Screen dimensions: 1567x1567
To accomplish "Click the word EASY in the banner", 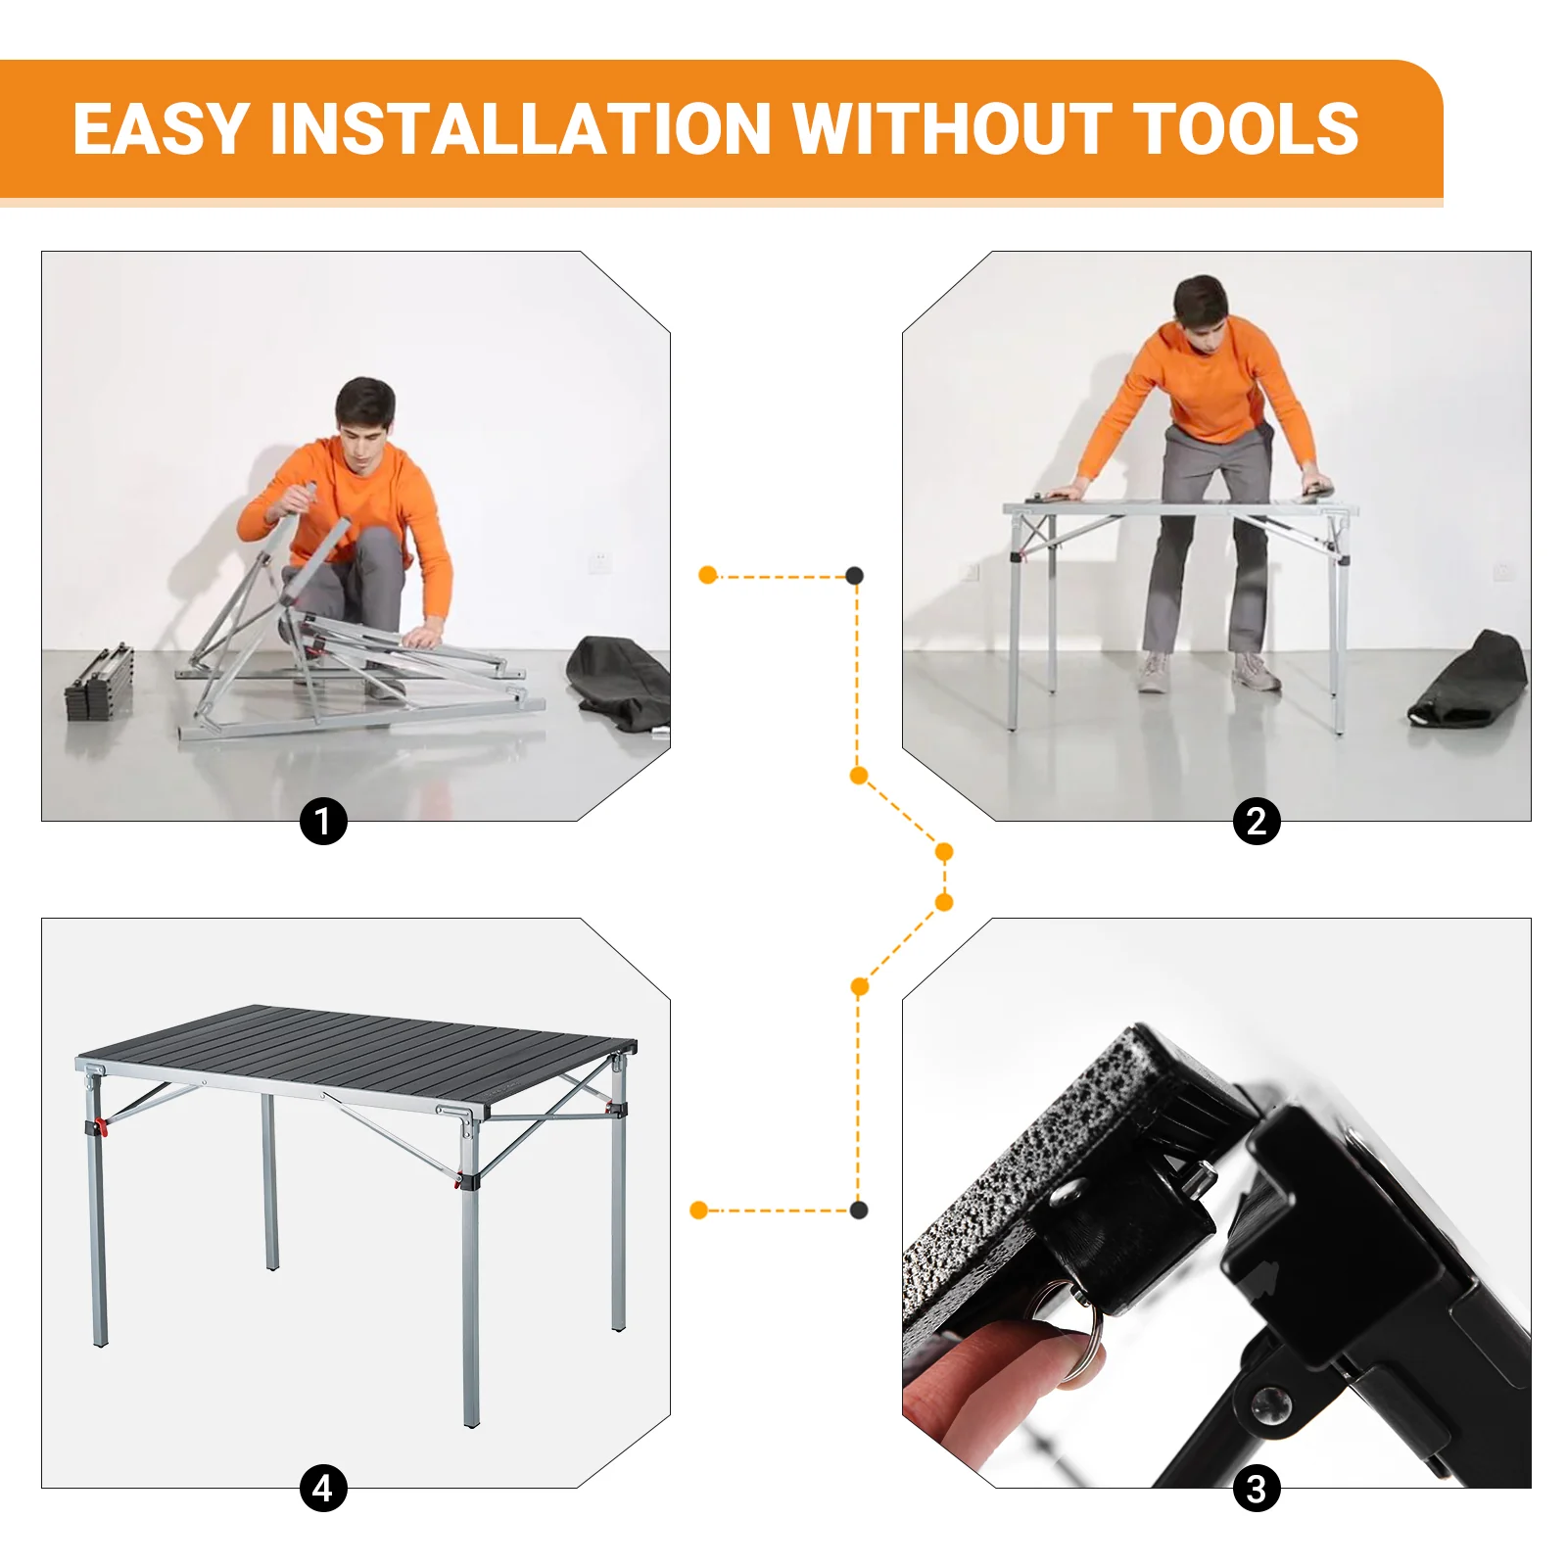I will (x=162, y=129).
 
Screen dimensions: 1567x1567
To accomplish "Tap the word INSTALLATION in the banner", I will (x=520, y=129).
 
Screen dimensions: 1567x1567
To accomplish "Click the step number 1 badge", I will (x=323, y=821).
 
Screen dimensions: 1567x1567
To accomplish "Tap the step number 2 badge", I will (x=1257, y=821).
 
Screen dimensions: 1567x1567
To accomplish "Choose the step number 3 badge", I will (x=1257, y=1489).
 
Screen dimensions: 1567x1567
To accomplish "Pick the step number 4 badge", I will (x=323, y=1489).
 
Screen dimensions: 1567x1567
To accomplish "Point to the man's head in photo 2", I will (x=1202, y=308).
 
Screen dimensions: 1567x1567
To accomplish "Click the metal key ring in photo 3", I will (x=1083, y=1337).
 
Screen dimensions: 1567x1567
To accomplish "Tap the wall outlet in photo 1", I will (x=600, y=561).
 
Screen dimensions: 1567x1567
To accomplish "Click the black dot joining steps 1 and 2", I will (x=855, y=575).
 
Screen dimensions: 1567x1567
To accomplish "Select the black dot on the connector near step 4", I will (x=859, y=1211).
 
